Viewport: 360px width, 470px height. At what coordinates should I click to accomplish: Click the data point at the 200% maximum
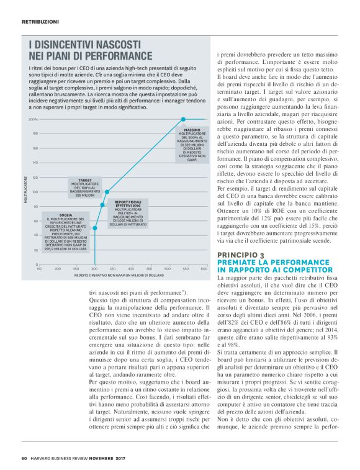(x=183, y=119)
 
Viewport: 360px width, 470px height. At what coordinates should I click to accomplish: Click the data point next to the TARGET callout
(x=107, y=192)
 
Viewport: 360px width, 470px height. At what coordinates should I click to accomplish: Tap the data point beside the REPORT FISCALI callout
(x=102, y=204)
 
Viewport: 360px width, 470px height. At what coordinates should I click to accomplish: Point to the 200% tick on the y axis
(x=34, y=119)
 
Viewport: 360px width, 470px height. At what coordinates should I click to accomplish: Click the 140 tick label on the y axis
(x=35, y=163)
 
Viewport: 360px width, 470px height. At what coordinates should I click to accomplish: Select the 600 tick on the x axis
(x=204, y=269)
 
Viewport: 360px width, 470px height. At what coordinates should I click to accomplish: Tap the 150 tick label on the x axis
(x=39, y=269)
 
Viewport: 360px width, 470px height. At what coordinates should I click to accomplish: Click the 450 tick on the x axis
(x=149, y=269)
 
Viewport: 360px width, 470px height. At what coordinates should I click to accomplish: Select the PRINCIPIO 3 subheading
(x=240, y=255)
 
